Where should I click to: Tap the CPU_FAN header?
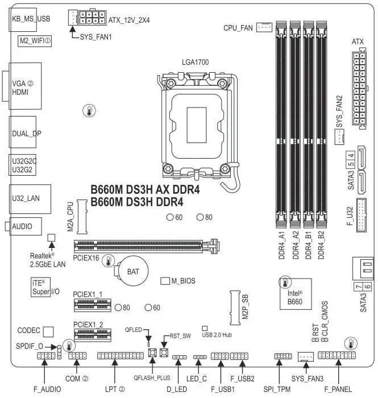coord(264,27)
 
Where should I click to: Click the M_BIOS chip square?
coord(165,281)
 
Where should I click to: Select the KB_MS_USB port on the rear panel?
coord(26,19)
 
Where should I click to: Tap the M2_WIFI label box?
coord(32,42)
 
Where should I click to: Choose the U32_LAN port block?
coord(26,200)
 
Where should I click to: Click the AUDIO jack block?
coord(25,226)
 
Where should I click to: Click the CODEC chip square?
coord(49,330)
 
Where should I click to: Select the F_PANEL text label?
coord(338,389)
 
